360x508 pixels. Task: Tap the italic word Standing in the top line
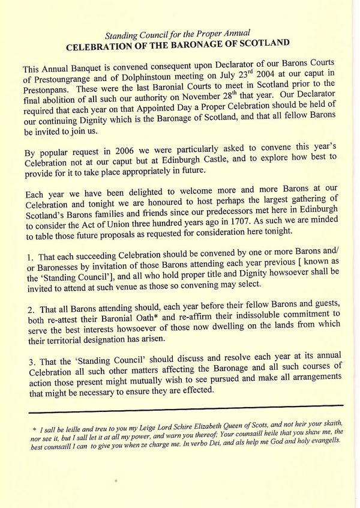pyautogui.click(x=122, y=33)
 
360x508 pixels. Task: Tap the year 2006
pyautogui.click(x=109, y=150)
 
